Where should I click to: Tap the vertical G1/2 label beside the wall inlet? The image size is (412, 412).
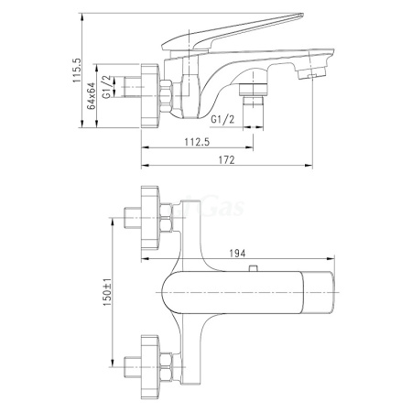(x=108, y=87)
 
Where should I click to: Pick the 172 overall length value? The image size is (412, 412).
(x=227, y=161)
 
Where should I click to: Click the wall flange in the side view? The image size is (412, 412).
(x=148, y=91)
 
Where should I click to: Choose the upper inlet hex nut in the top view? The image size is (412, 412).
(x=167, y=220)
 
